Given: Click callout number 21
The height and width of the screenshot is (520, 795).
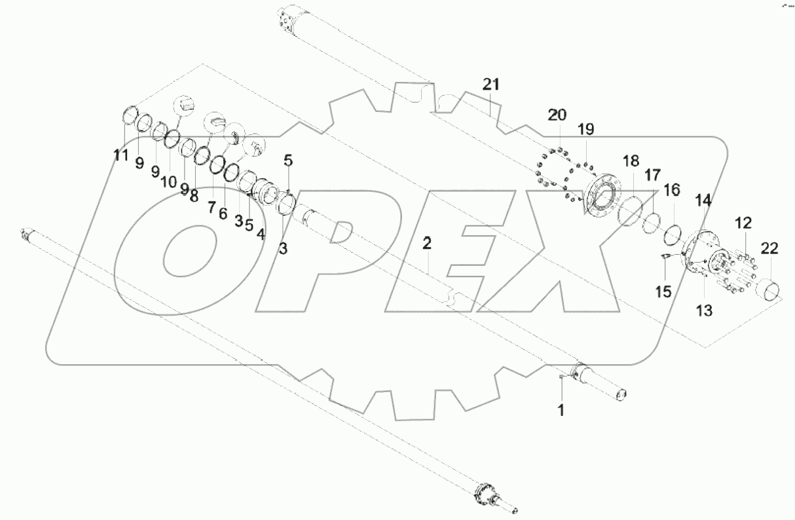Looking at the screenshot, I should (x=491, y=84).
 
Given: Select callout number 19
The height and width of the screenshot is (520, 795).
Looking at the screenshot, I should (x=585, y=130).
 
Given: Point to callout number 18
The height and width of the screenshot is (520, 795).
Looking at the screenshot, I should (x=630, y=161).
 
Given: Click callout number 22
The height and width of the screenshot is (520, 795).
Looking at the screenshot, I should (x=769, y=248).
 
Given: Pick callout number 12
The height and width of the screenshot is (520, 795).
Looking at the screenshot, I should (x=743, y=223).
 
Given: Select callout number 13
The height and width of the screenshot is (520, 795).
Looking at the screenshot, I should (x=703, y=311).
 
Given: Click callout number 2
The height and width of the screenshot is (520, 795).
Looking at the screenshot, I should (x=427, y=244).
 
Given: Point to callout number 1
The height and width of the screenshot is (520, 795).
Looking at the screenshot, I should (x=561, y=411).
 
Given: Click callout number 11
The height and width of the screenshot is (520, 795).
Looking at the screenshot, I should (x=120, y=156).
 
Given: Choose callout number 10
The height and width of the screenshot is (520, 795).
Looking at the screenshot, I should (x=169, y=181).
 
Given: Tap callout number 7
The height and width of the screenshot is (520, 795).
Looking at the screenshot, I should (x=212, y=206).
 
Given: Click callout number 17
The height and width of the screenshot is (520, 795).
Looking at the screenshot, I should (x=652, y=176).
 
